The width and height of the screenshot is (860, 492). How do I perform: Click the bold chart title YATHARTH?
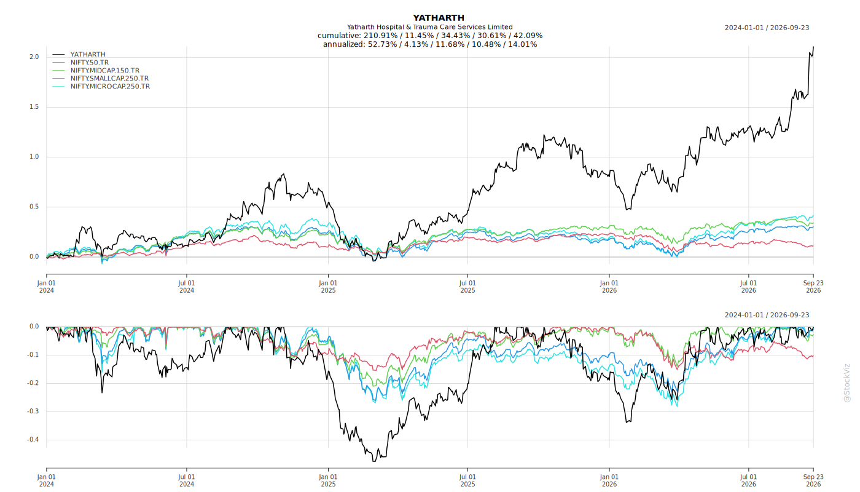439,18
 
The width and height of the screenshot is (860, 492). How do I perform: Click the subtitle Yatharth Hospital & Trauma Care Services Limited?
429,27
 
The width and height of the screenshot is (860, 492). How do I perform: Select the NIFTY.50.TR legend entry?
90,62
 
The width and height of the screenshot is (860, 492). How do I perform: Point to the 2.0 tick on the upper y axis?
34,57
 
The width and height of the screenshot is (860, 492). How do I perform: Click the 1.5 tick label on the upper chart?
34,107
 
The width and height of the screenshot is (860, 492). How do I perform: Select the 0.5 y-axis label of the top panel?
34,207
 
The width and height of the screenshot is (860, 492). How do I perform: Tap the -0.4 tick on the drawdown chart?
33,439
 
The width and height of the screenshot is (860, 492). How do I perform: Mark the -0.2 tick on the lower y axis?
33,383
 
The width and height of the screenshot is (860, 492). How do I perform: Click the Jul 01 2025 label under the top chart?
467,287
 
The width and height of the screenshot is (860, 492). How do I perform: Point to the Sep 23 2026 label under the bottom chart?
813,480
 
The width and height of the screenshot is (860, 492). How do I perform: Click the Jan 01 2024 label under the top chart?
47,287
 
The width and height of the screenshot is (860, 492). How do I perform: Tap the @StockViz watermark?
847,383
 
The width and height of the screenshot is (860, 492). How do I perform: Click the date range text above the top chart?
767,28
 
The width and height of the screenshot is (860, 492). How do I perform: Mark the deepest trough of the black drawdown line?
373,461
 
